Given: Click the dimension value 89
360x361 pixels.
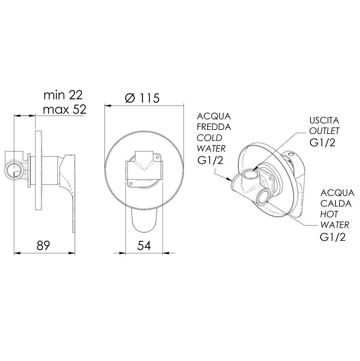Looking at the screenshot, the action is click(x=43, y=245).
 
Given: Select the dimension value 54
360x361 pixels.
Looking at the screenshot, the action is click(x=144, y=245).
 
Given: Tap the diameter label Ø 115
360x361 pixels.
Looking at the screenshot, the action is click(x=142, y=98).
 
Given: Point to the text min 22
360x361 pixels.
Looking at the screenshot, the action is click(x=63, y=95).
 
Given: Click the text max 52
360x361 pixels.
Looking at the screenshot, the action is click(x=65, y=109).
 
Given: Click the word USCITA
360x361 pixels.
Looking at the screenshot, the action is click(x=324, y=121).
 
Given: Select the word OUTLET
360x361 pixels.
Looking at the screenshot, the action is click(x=324, y=131).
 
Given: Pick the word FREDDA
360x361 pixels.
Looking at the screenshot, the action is click(x=214, y=127).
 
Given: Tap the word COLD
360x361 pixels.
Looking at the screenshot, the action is click(x=209, y=138).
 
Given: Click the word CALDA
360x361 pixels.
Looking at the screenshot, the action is click(x=336, y=204).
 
